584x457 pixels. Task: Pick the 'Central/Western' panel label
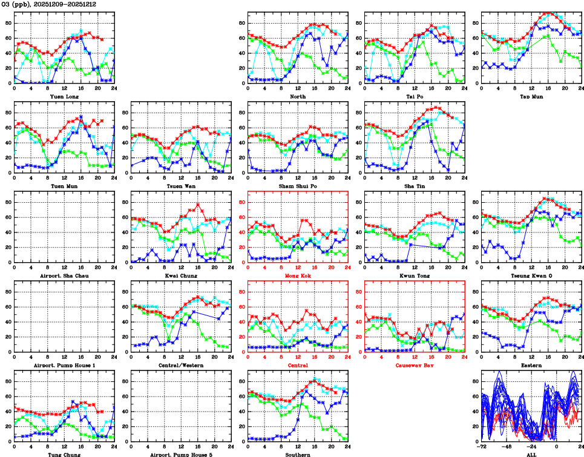[x=181, y=365]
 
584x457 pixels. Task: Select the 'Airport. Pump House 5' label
[x=181, y=454]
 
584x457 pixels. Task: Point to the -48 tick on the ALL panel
[x=507, y=446]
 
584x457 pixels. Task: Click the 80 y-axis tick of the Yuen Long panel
[x=8, y=23]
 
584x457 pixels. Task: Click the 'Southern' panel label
[x=298, y=454]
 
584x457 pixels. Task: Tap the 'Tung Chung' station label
[x=65, y=454]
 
